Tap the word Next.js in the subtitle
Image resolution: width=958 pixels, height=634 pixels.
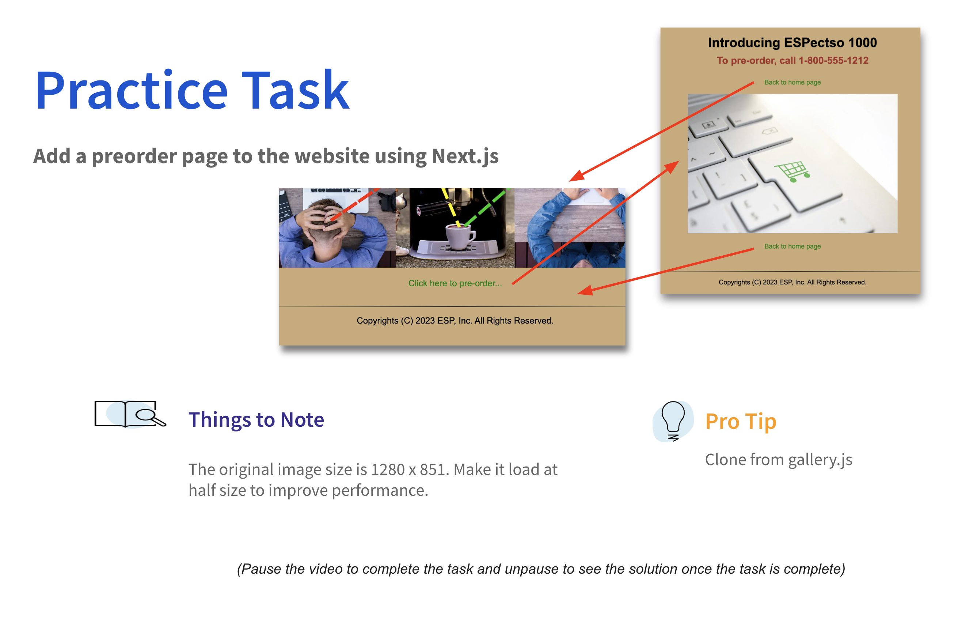[x=465, y=156]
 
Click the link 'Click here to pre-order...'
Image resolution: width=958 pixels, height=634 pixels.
[x=455, y=283]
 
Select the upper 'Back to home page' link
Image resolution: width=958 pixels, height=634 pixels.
[x=792, y=83]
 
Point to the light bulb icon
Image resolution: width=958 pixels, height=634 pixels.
[x=673, y=421]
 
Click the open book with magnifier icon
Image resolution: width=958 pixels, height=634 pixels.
[x=130, y=414]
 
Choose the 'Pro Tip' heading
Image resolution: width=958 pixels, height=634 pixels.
[x=741, y=421]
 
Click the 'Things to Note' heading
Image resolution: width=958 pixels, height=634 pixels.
[x=256, y=419]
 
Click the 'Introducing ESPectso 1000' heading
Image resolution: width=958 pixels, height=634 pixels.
[x=792, y=42]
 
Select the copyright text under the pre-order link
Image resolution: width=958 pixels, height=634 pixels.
[x=455, y=321]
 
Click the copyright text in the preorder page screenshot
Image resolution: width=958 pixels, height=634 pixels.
[x=792, y=282]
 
